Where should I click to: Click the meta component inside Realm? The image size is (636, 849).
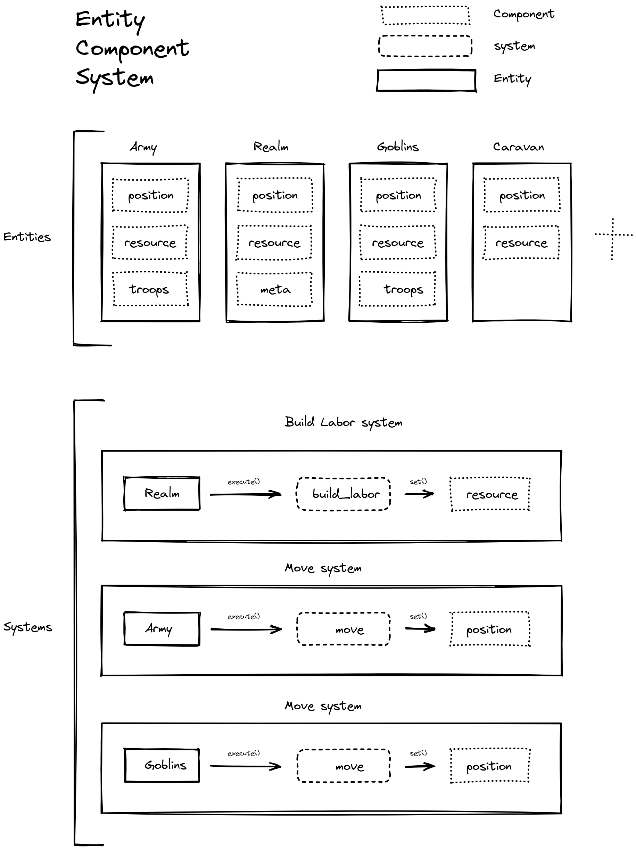coord(274,289)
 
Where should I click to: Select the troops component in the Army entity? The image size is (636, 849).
coord(150,289)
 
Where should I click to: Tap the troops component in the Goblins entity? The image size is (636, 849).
coord(397,289)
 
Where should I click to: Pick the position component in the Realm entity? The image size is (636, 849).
coord(275,195)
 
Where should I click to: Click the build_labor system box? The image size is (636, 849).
coord(344,494)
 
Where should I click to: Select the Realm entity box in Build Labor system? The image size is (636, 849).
coord(162,494)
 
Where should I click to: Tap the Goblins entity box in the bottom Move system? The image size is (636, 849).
coord(162,765)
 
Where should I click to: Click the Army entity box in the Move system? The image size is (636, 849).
coord(162,629)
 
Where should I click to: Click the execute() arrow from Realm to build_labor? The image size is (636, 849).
coord(246,494)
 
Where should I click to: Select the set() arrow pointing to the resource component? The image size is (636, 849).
coord(419,494)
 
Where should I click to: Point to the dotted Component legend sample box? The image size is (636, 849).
coord(425,16)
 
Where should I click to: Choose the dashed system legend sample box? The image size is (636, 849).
coord(425,46)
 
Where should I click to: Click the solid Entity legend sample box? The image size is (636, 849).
coord(426,80)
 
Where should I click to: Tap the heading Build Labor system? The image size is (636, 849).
coord(344,422)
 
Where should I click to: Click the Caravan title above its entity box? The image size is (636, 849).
coord(518,147)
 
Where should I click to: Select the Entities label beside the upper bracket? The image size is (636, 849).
coord(27,237)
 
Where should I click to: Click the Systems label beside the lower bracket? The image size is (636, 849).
coord(28,627)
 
